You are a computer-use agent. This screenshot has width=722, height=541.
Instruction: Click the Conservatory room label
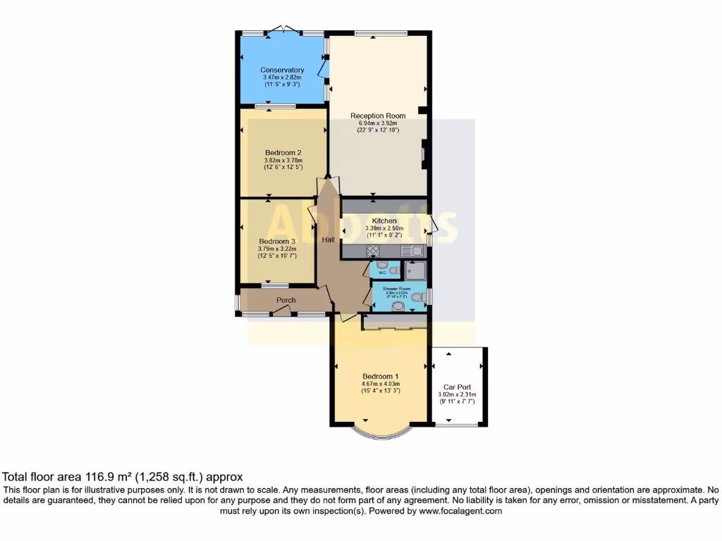point(282,70)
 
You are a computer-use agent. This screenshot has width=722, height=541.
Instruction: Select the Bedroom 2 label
point(283,153)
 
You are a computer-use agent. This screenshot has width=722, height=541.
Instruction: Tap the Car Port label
point(457,387)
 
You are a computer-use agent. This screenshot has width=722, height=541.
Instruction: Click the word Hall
point(329,241)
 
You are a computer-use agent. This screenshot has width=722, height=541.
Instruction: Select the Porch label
point(286,301)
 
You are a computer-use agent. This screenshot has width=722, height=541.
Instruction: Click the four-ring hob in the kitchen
point(372,250)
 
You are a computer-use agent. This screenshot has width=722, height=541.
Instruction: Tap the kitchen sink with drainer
point(411,250)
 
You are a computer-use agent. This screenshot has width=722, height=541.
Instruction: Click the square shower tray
point(415,269)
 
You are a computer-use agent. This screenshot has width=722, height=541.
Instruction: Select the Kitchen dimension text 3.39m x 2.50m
point(384,228)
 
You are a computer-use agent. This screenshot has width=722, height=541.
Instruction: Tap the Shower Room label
point(396,289)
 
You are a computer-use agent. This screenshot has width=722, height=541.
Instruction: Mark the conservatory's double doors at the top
point(283,30)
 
